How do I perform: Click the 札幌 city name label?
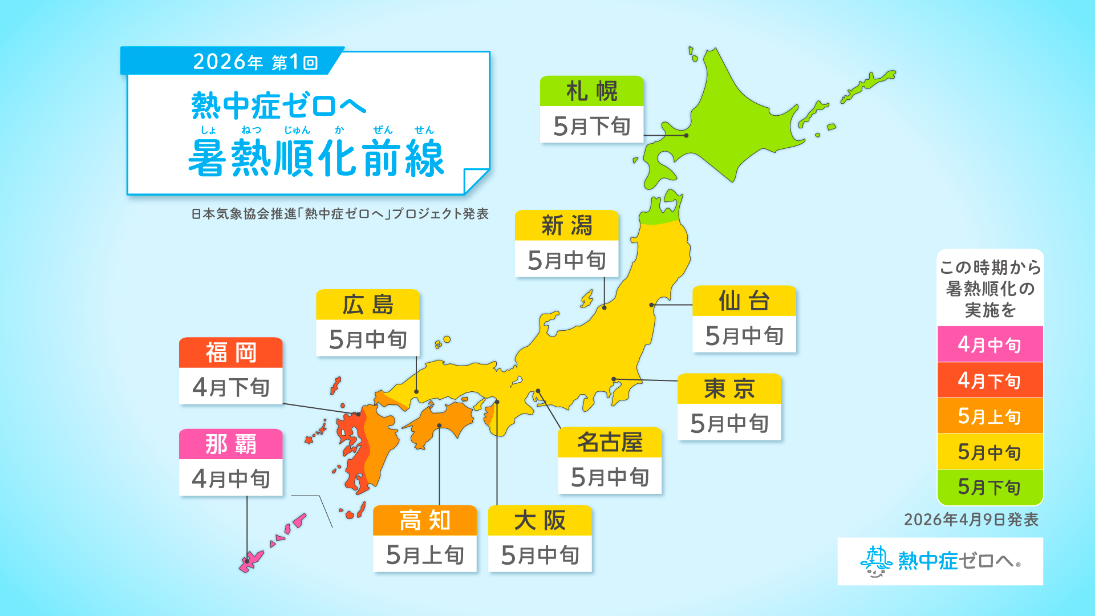click(591, 91)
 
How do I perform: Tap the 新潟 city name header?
click(566, 225)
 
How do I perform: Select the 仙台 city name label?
click(744, 301)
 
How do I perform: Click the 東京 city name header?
click(729, 388)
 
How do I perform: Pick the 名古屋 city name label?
click(610, 442)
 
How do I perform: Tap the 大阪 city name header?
click(540, 520)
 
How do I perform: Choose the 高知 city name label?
click(424, 520)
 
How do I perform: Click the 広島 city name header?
click(368, 305)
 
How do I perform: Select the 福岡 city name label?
click(230, 352)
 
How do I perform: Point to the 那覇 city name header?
click(230, 444)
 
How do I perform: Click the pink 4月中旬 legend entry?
click(989, 345)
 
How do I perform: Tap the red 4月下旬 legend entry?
click(989, 380)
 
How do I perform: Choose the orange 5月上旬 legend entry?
click(989, 416)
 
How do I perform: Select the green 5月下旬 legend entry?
click(989, 487)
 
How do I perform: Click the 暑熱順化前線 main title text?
click(316, 159)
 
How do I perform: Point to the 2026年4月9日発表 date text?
click(971, 520)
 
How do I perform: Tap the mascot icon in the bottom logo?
click(875, 561)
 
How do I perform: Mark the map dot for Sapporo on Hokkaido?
click(686, 135)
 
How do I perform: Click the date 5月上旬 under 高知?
click(424, 554)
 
